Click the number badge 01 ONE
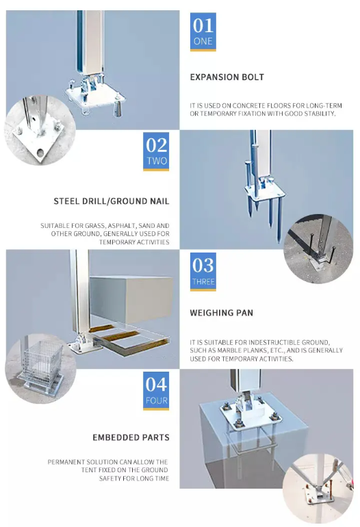pos(203,32)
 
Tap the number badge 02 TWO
pos(156,151)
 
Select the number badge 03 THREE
pos(203,272)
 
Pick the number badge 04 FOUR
pos(156,391)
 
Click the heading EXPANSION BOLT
pos(227,77)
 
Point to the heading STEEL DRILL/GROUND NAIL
pos(112,201)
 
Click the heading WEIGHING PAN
pos(222,313)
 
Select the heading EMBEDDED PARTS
pos(131,437)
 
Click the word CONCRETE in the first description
pos(248,105)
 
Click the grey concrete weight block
pos(131,300)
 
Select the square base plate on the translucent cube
pos(250,414)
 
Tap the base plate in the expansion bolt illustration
pos(95,97)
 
